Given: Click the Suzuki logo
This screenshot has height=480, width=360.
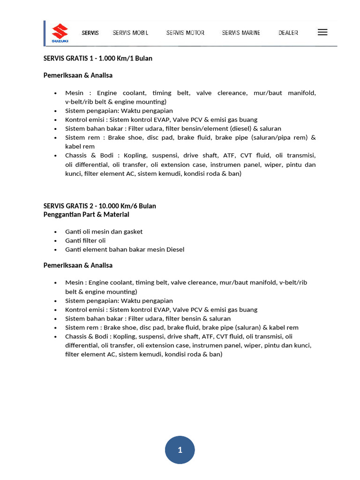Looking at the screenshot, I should click(x=60, y=33).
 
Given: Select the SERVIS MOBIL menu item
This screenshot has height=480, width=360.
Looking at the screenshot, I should click(x=130, y=33).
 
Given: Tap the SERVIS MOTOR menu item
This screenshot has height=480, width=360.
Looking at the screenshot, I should click(x=185, y=33).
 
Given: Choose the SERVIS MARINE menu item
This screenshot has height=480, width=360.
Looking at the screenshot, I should click(x=241, y=33).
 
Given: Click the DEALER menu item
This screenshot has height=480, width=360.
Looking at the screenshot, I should click(x=288, y=33).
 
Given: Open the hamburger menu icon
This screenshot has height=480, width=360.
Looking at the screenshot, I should click(x=322, y=32).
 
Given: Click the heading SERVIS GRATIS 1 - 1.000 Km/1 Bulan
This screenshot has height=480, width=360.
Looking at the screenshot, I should click(x=98, y=59).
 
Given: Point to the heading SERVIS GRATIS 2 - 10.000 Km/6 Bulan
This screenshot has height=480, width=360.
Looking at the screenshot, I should click(x=100, y=206).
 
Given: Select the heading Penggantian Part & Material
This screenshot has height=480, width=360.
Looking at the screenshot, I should click(x=86, y=214).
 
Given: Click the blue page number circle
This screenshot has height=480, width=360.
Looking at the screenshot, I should click(x=180, y=450).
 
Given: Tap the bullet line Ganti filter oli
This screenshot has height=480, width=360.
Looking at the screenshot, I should click(x=85, y=240).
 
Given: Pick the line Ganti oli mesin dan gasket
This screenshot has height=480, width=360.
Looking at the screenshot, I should click(x=104, y=232).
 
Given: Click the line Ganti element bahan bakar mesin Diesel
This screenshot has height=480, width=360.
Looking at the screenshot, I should click(x=125, y=249).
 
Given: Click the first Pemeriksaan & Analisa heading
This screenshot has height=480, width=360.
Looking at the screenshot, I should click(x=78, y=75).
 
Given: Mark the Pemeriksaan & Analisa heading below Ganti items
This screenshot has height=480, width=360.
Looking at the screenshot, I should click(x=78, y=265).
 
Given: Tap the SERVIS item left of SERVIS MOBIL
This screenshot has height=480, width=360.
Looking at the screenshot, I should click(x=90, y=33).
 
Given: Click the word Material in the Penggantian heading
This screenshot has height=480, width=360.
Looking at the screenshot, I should click(x=116, y=214).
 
